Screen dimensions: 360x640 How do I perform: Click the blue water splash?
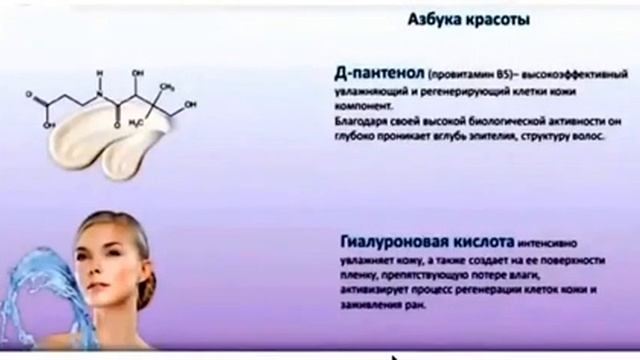coord(35,290)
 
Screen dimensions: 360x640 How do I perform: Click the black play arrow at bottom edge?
coord(395,354)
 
